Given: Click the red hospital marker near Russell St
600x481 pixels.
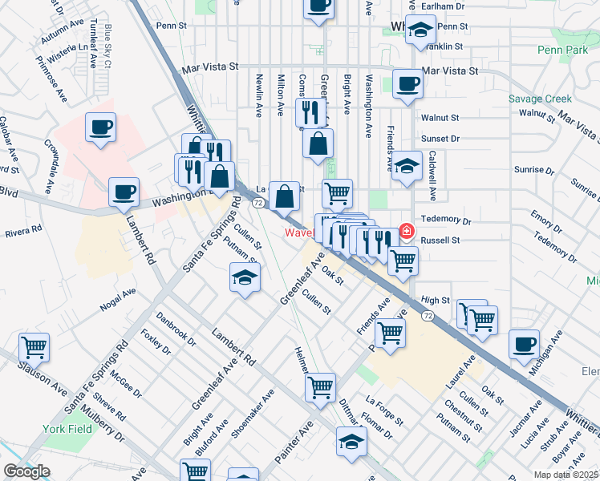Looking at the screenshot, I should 407,232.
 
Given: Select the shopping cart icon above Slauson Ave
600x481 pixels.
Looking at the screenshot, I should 34,348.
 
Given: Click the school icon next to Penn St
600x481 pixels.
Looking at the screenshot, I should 419,30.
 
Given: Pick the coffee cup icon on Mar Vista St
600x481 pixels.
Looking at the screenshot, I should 407,83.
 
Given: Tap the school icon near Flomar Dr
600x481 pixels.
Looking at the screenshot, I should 351,443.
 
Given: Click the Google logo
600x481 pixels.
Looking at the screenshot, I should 26,471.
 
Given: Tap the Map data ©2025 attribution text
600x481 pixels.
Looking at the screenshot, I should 566,475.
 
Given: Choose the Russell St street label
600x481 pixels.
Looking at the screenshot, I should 439,240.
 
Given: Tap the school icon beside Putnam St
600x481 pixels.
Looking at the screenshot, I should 245,279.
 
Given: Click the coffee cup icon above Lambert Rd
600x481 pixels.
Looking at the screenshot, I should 124,192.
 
